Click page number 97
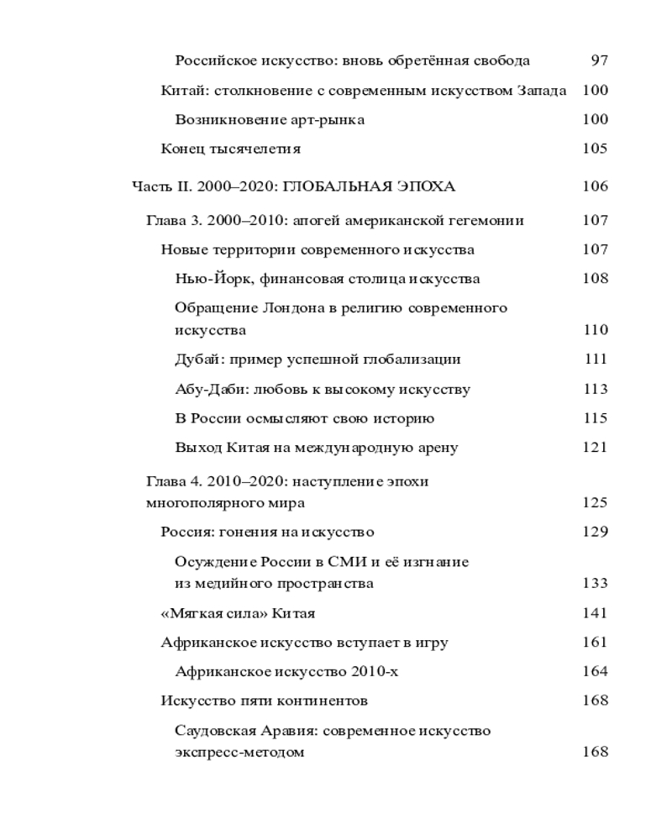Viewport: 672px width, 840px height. click(599, 60)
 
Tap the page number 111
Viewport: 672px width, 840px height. click(596, 360)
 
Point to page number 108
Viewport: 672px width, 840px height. click(595, 279)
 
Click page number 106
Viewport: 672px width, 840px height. click(595, 186)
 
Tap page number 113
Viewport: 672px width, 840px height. click(595, 389)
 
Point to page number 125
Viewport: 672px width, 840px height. click(595, 503)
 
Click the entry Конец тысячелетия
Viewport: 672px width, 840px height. click(230, 150)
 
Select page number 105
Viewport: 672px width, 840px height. click(595, 150)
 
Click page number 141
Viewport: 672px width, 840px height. click(595, 613)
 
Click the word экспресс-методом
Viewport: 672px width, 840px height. click(239, 753)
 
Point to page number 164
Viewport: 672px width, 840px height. click(595, 671)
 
